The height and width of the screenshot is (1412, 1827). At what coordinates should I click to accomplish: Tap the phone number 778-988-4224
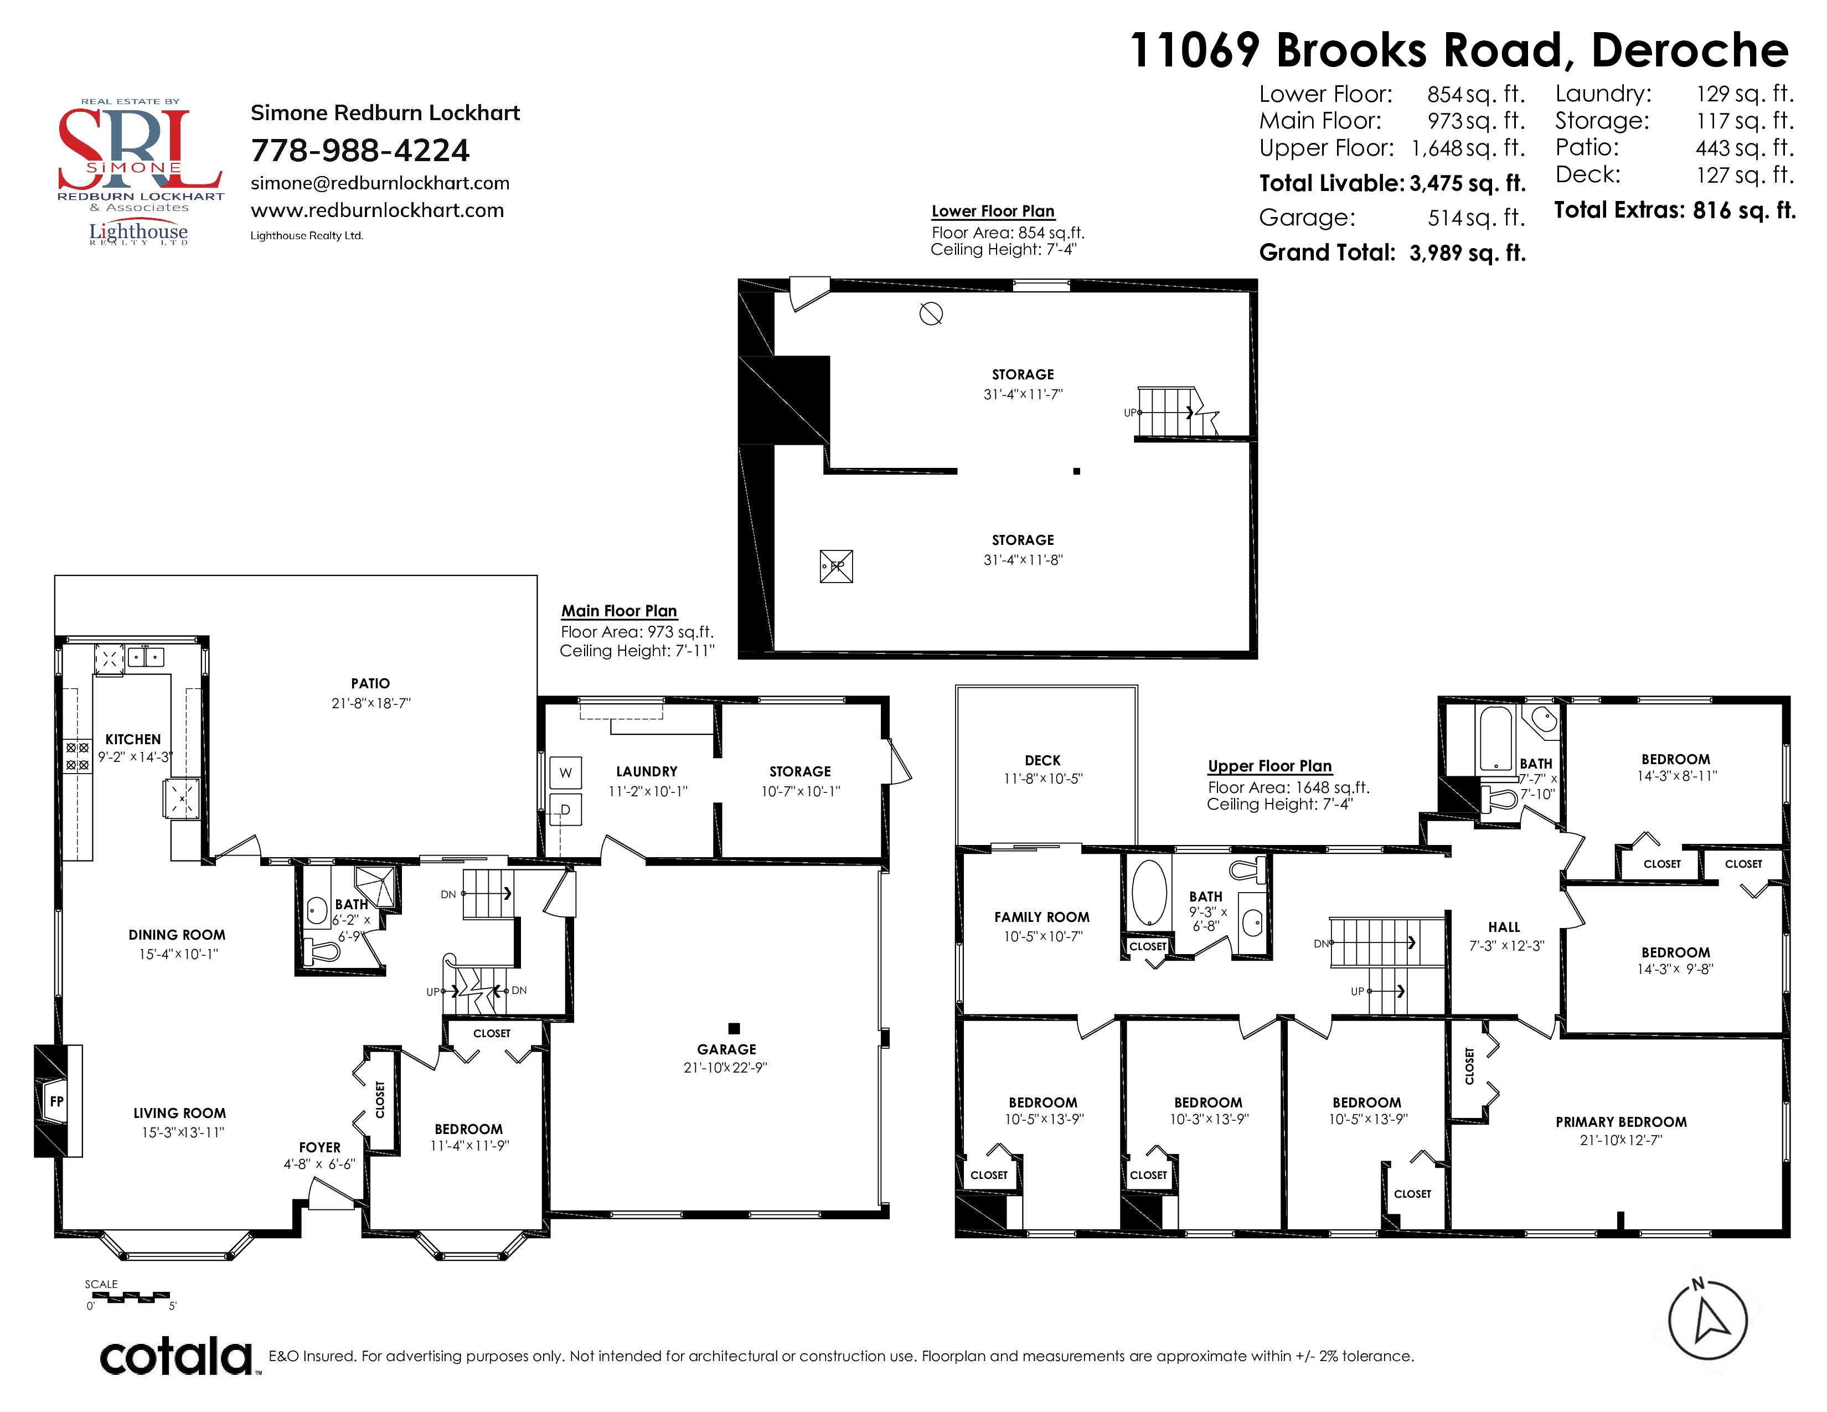[360, 151]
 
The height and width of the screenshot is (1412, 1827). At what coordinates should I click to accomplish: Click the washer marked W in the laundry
[565, 773]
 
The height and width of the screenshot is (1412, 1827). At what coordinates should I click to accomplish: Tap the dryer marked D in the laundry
[565, 810]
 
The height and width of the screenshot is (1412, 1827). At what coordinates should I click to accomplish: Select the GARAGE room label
[726, 1049]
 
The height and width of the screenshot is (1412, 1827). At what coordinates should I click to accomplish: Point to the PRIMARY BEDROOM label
[1620, 1122]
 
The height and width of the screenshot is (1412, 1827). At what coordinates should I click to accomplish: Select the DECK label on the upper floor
[1042, 760]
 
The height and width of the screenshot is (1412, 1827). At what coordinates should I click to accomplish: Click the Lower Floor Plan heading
[993, 211]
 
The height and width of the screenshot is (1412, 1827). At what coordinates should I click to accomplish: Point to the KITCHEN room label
[133, 739]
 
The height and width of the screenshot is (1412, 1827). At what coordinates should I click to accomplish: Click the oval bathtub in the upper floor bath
[1149, 893]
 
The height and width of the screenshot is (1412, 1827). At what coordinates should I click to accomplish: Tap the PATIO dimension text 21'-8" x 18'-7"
[370, 703]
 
